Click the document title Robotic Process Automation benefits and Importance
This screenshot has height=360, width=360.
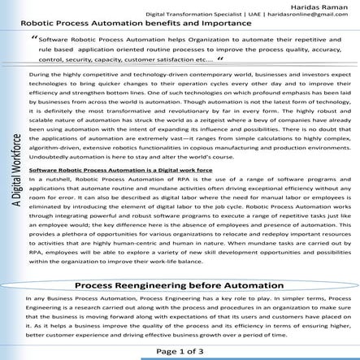(x=146, y=25)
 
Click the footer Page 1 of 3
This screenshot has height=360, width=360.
(x=180, y=351)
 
